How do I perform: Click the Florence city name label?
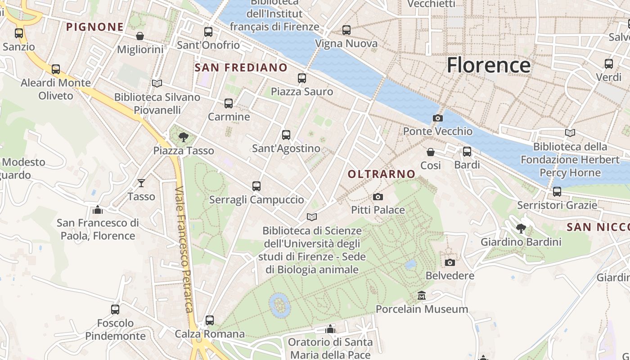tap(489, 65)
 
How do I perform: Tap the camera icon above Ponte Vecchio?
tap(437, 118)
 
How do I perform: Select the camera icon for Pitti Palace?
tap(378, 197)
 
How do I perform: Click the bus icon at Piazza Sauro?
tap(302, 78)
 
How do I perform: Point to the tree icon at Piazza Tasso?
tap(183, 137)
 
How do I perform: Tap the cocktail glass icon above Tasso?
tap(141, 183)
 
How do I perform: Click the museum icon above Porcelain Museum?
tap(422, 296)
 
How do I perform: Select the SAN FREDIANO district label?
tap(241, 68)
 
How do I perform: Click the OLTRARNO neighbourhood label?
tap(382, 174)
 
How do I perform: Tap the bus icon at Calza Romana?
tap(210, 320)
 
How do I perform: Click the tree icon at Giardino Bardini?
tap(521, 229)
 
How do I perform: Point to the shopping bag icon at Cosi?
tap(431, 152)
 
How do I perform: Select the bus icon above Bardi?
tap(467, 152)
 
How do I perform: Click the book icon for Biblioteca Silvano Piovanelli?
tap(157, 83)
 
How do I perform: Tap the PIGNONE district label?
tap(95, 27)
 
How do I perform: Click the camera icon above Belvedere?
tap(450, 262)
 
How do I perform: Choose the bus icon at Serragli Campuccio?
tap(256, 186)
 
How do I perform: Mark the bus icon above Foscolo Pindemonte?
tap(115, 310)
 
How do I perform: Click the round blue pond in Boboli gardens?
tap(279, 306)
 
